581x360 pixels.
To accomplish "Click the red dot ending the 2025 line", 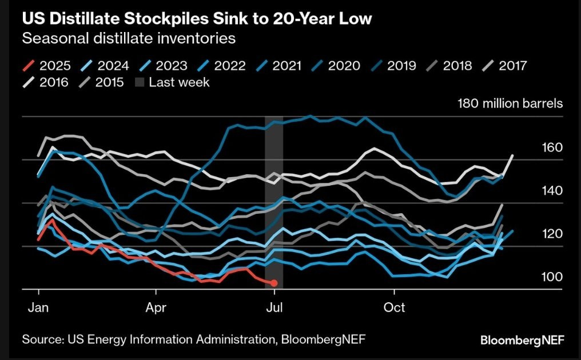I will [274, 283].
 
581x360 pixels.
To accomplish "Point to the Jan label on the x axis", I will [38, 307].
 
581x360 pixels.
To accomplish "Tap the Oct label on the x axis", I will [394, 307].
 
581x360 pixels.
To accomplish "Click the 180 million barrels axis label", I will [510, 104].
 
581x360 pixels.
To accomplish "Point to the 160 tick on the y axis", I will [552, 147].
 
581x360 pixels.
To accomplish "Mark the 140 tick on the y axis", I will [552, 190].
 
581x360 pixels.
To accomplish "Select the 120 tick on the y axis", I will [552, 234].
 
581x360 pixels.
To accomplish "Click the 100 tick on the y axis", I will [552, 277].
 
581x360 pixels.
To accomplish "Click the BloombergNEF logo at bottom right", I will [522, 340].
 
